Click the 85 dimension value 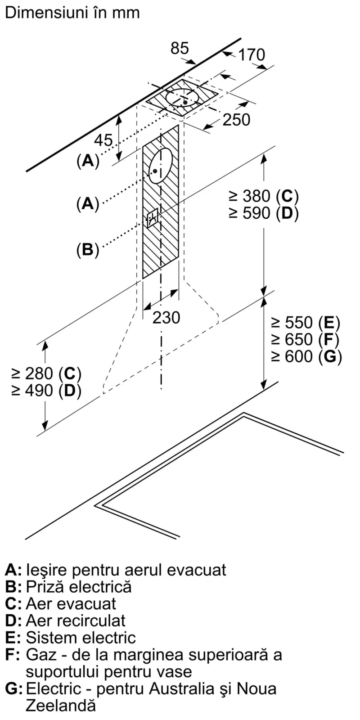click(x=180, y=48)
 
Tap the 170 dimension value click(x=252, y=55)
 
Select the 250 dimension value click(x=236, y=120)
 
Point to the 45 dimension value click(x=103, y=140)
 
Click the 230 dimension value click(x=166, y=318)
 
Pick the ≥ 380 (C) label click(x=264, y=196)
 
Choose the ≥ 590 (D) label click(x=264, y=213)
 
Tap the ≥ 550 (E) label click(x=305, y=323)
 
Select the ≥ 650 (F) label click(x=305, y=339)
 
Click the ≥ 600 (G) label click(x=306, y=356)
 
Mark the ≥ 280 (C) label click(x=46, y=373)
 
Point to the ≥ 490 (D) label click(x=46, y=391)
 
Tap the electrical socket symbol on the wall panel click(x=153, y=219)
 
